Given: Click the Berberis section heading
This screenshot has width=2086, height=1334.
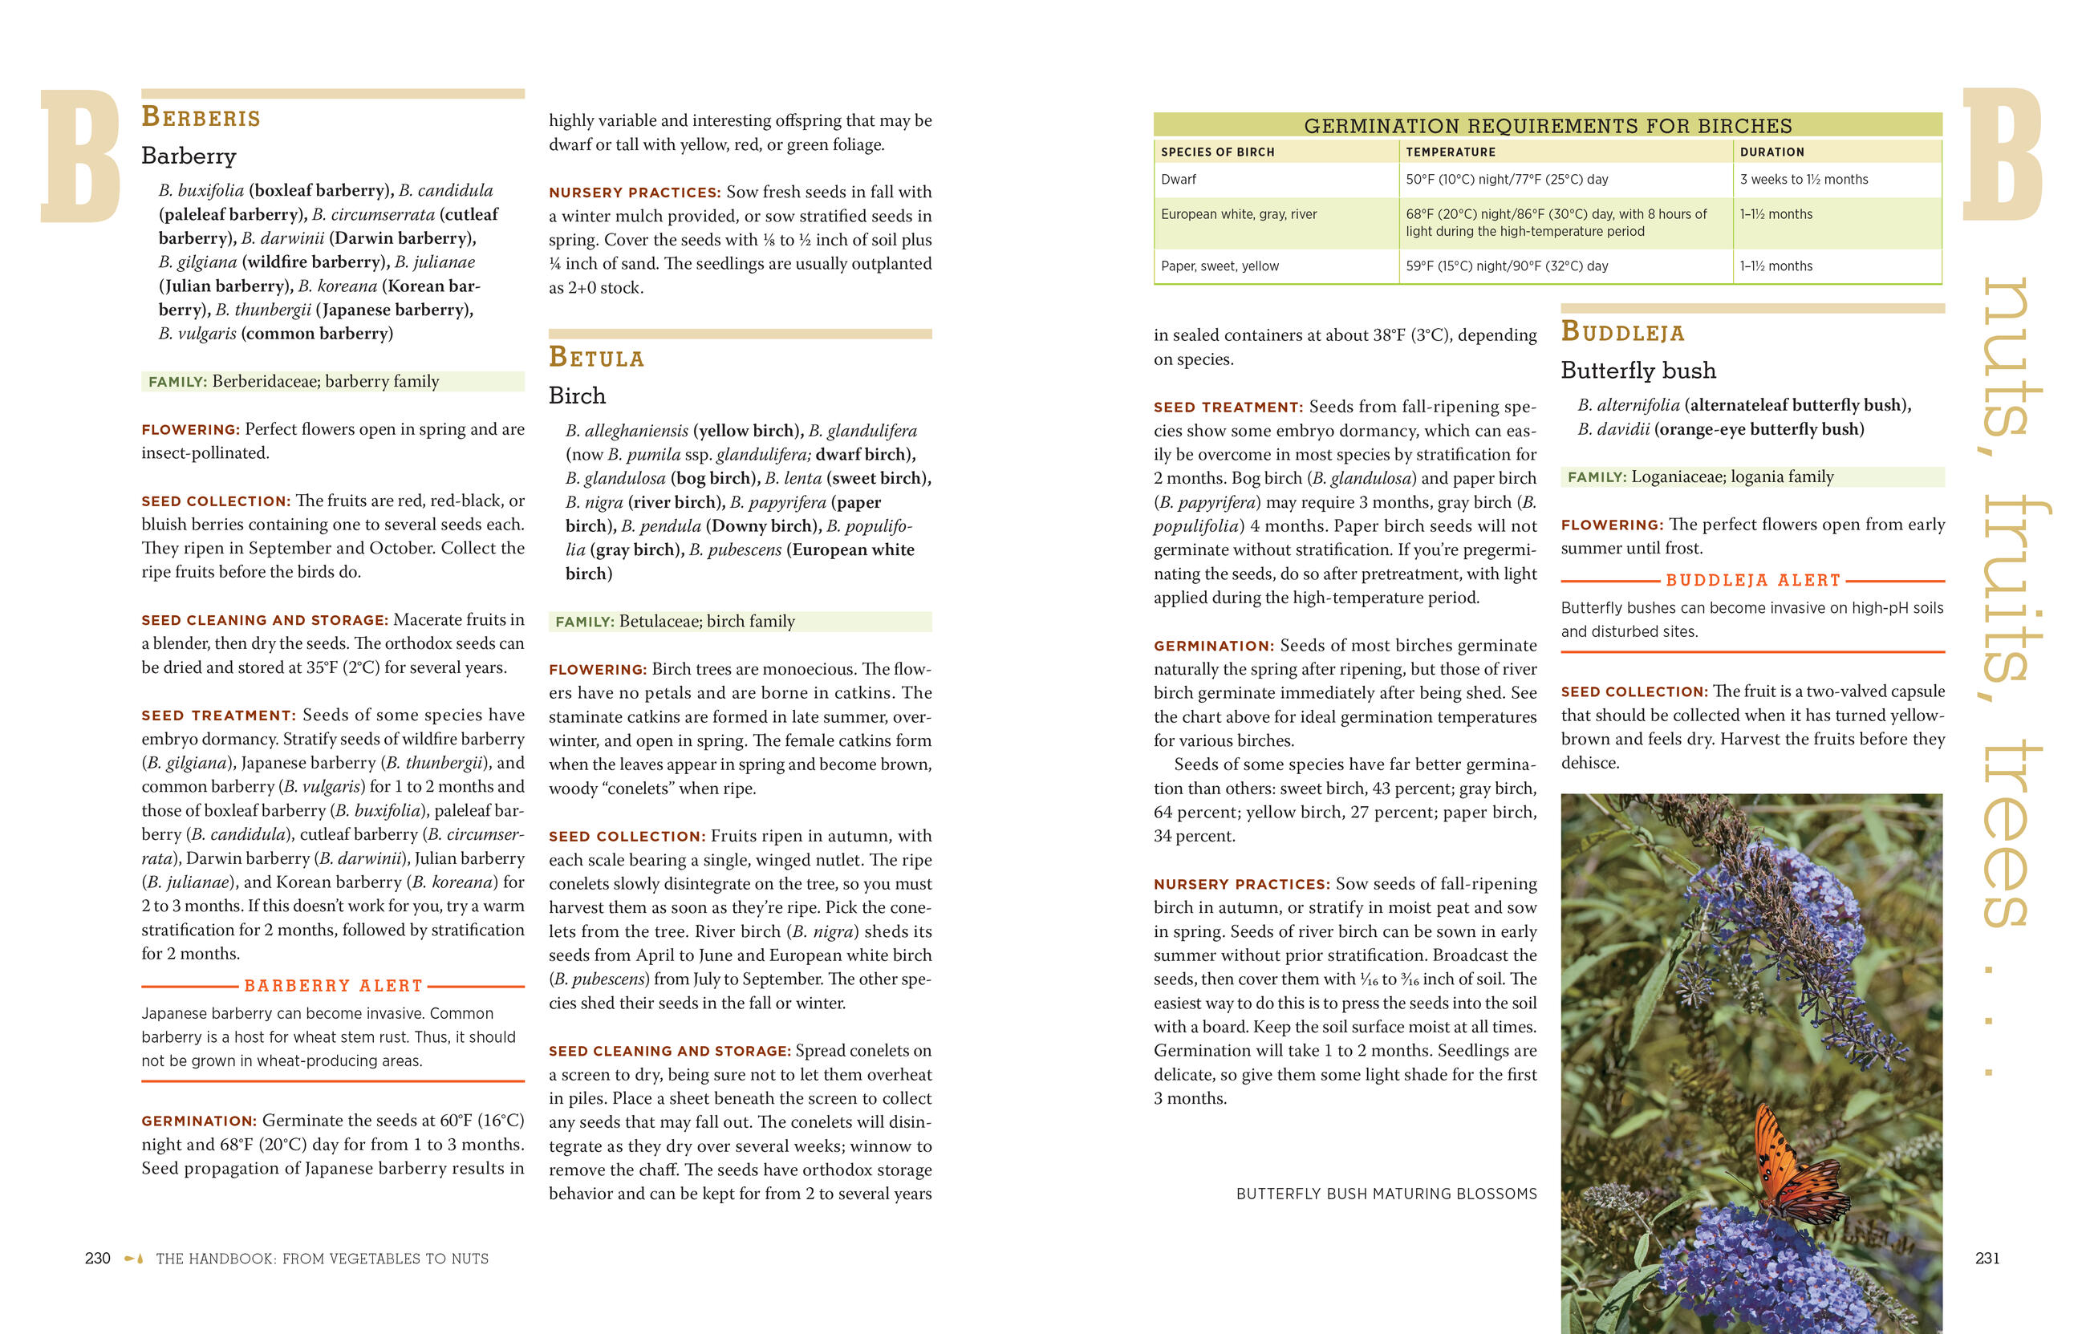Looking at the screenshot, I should point(201,117).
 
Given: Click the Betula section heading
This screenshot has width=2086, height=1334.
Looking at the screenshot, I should point(596,358).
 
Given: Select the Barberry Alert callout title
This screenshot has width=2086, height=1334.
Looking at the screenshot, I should point(334,986).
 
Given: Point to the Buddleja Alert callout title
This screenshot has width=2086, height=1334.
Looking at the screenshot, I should point(1752,581).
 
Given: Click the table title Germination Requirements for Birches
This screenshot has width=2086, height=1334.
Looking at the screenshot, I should point(1547,126).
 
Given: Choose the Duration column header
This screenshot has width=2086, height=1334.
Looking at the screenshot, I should point(1771,152).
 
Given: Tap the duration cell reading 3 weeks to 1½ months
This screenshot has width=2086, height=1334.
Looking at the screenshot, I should point(1804,180).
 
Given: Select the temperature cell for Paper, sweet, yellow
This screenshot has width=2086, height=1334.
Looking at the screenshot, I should point(1507,266).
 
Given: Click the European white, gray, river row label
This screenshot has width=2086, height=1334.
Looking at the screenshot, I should point(1238,214).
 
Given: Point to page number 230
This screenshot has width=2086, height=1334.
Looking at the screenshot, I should point(97,1259).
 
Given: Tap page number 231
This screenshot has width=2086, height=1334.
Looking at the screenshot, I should point(1987,1259).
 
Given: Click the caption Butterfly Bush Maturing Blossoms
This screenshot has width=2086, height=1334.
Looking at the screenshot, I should point(1386,1194).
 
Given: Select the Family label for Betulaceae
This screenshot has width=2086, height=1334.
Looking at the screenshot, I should point(585,622).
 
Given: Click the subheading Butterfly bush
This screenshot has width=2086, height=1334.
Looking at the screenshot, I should point(1638,371).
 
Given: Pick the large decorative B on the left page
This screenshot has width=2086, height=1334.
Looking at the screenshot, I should point(79,156).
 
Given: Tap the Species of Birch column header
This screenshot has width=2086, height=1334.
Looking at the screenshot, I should point(1217,152).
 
